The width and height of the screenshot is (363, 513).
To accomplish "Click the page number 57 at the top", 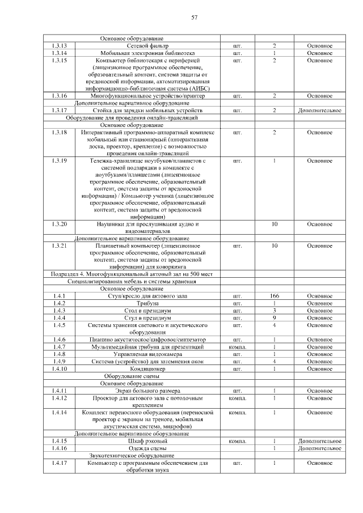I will pyautogui.click(x=194, y=18).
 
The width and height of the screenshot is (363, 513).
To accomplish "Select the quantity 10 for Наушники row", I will pyautogui.click(x=274, y=224).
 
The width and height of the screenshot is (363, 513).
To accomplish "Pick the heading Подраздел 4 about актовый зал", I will pyautogui.click(x=132, y=274).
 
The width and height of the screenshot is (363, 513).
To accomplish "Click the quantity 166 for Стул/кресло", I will pyautogui.click(x=274, y=296).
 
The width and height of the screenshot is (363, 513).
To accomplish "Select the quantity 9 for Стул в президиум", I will pyautogui.click(x=274, y=318).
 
